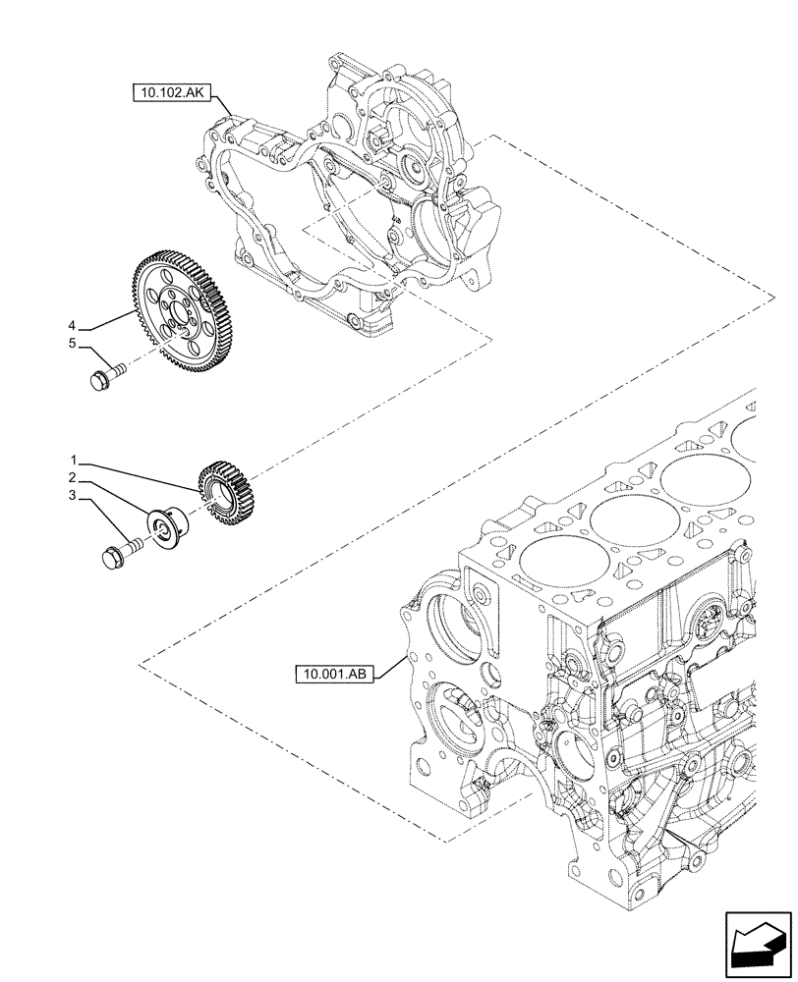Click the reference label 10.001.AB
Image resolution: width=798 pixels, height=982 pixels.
[x=334, y=674]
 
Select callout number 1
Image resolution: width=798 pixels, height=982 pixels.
[x=73, y=460]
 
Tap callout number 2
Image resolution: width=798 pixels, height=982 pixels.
[x=73, y=477]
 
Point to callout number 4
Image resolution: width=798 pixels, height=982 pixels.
[x=73, y=325]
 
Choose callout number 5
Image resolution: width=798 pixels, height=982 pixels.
[x=73, y=345]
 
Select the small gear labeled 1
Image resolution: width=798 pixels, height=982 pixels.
[x=227, y=495]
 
